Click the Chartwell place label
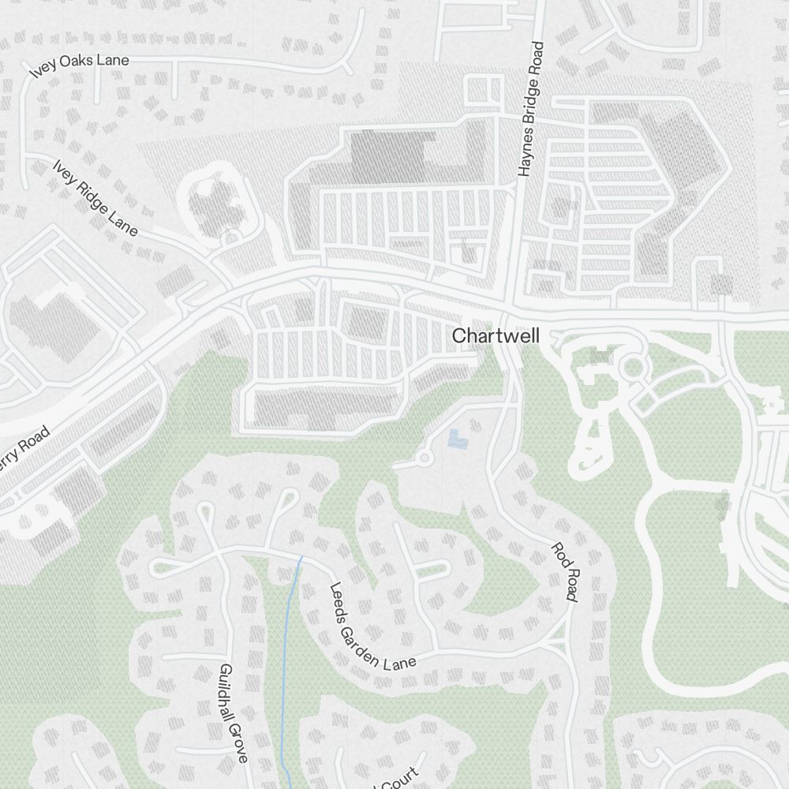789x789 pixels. tap(495, 336)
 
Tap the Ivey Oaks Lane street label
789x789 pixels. tap(79, 66)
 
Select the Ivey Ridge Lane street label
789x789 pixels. tap(95, 198)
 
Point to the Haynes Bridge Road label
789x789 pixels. tap(531, 108)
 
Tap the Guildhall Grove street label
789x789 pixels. tap(233, 713)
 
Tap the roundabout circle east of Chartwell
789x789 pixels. tap(631, 367)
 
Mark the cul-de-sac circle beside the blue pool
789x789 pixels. tap(423, 458)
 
